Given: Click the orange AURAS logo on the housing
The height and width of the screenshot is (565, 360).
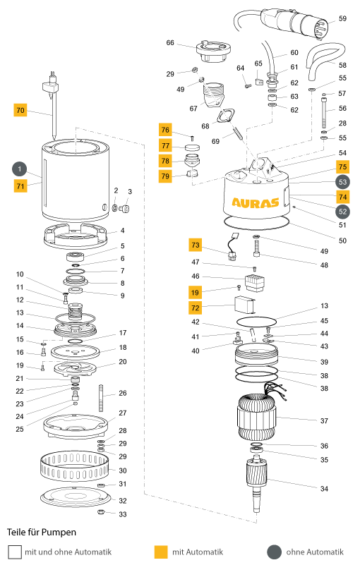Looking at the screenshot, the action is click(256, 202).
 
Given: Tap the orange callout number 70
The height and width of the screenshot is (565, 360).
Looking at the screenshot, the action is click(20, 110).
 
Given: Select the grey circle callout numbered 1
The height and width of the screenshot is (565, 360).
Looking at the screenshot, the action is click(20, 169).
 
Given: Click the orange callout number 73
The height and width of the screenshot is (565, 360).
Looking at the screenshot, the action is click(195, 245).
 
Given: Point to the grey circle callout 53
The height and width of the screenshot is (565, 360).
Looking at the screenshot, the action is click(342, 182).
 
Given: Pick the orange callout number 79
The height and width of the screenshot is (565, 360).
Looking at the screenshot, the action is click(165, 176).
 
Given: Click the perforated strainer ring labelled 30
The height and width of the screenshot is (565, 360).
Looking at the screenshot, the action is click(74, 467).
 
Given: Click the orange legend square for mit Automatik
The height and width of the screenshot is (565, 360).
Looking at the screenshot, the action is click(161, 552).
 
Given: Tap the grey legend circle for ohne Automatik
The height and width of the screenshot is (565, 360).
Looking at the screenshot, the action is click(274, 552).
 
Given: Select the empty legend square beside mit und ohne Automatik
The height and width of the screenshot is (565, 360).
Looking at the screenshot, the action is click(15, 552).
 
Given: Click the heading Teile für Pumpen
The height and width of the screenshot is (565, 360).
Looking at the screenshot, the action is click(42, 533).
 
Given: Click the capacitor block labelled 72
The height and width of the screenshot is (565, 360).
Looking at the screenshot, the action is click(245, 305).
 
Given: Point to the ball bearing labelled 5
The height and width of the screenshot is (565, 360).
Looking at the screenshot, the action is click(76, 257).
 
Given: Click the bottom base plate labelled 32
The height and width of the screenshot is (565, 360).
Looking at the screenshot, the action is click(74, 497).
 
